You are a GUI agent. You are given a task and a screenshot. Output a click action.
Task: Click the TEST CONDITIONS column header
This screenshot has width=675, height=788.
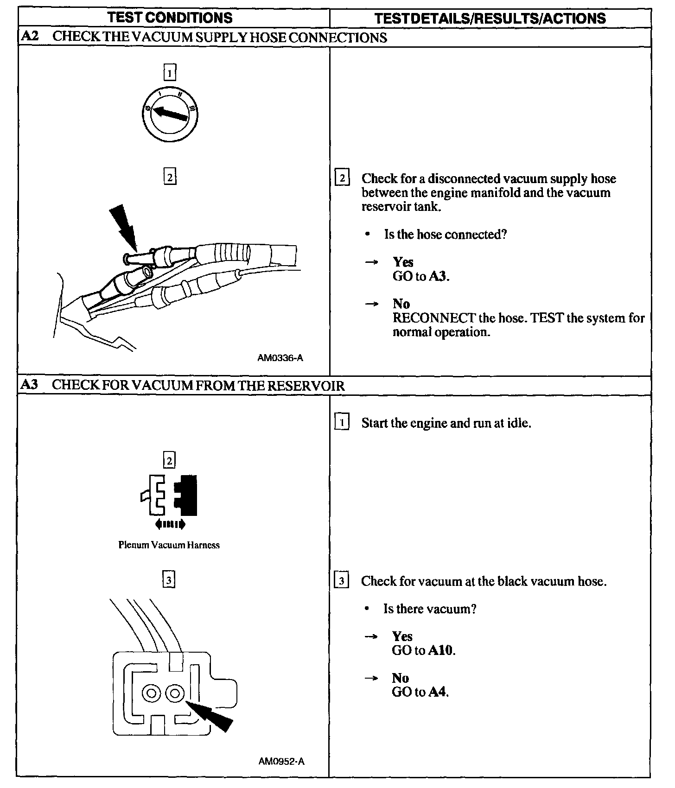(x=170, y=18)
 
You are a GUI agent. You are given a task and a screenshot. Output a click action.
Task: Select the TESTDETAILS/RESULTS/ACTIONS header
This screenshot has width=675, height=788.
(x=490, y=18)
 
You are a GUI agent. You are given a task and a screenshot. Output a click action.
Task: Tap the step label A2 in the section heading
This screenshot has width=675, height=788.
(x=29, y=37)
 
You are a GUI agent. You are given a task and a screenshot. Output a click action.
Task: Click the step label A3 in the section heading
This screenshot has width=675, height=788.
(x=29, y=385)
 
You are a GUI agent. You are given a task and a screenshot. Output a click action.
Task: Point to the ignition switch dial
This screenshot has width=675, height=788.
(x=170, y=113)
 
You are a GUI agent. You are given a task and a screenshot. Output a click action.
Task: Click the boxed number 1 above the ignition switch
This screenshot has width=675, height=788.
(x=170, y=73)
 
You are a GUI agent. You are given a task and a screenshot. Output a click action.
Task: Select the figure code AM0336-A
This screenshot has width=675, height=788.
(x=280, y=358)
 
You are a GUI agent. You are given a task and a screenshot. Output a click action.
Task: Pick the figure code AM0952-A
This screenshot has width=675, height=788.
(x=281, y=761)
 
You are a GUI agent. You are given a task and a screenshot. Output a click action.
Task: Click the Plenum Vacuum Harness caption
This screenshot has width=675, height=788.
(x=169, y=545)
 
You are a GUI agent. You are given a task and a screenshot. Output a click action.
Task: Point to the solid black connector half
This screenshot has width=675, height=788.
(x=187, y=495)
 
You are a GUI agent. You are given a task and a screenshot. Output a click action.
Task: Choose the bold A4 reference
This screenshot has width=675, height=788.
(x=438, y=692)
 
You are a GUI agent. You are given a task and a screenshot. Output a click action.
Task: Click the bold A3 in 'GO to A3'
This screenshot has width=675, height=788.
(x=438, y=276)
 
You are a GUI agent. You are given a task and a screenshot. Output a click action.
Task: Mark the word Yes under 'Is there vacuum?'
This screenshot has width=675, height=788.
(x=402, y=636)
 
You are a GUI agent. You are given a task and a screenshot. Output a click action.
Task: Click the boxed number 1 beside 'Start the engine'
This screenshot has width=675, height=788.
(x=342, y=423)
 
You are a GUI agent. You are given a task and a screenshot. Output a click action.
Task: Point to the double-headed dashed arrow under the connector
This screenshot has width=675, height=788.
(x=170, y=524)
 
